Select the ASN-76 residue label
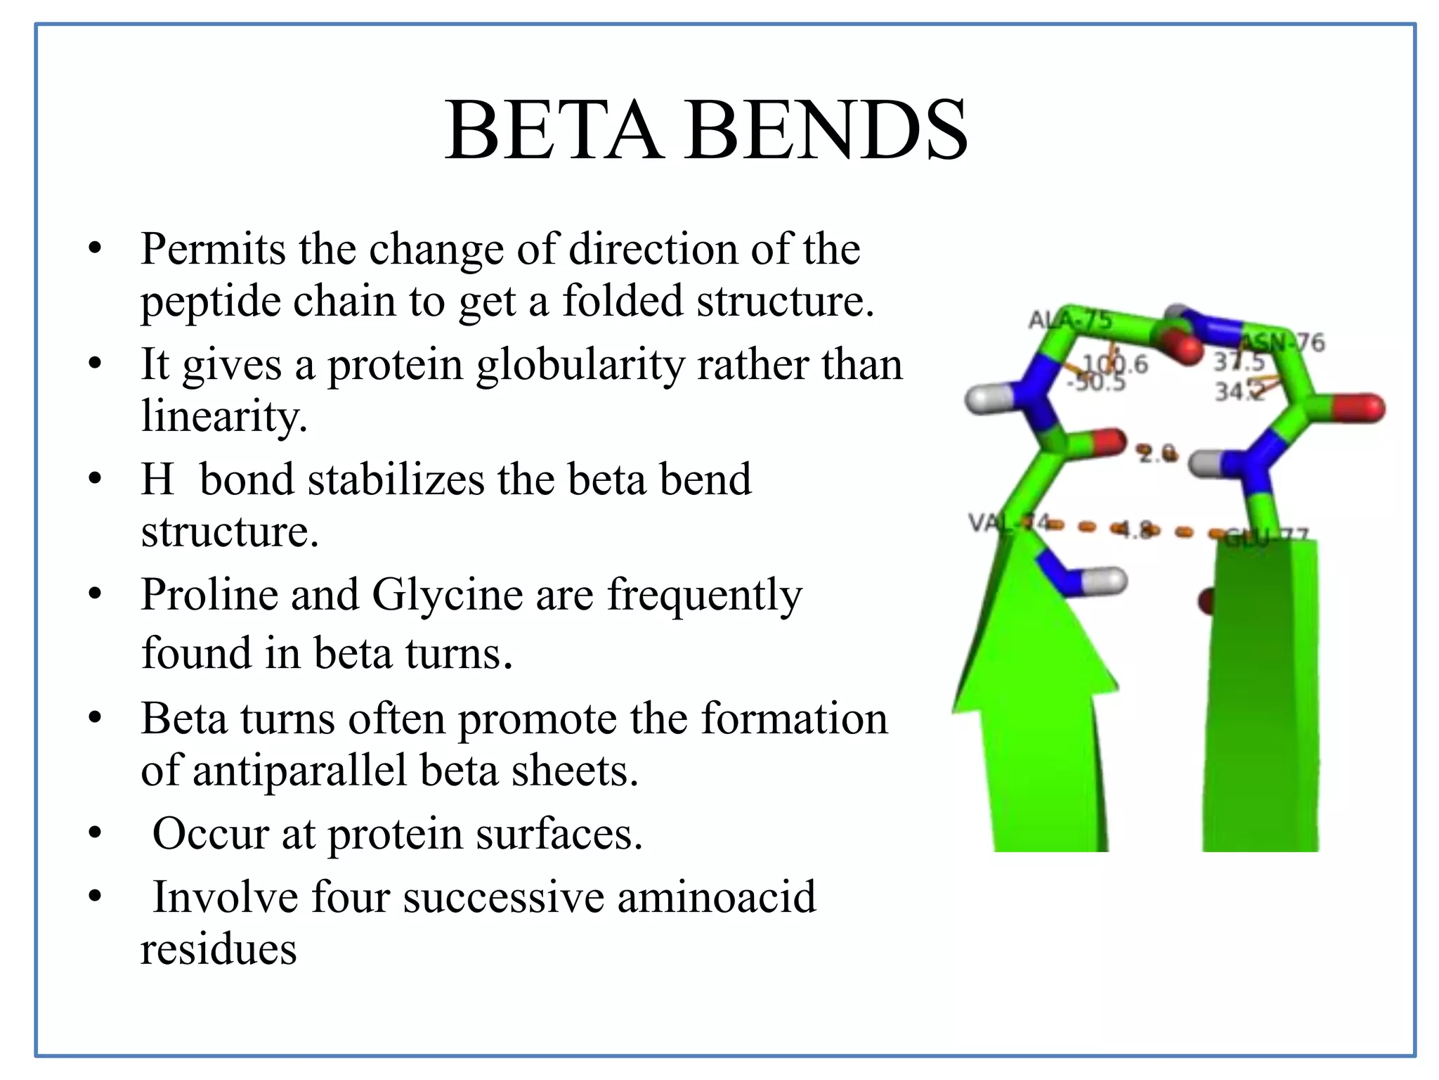click(x=1283, y=342)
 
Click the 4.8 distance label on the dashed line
click(x=1134, y=528)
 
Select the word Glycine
click(x=447, y=595)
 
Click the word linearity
click(x=223, y=416)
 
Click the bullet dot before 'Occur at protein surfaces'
click(x=96, y=834)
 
